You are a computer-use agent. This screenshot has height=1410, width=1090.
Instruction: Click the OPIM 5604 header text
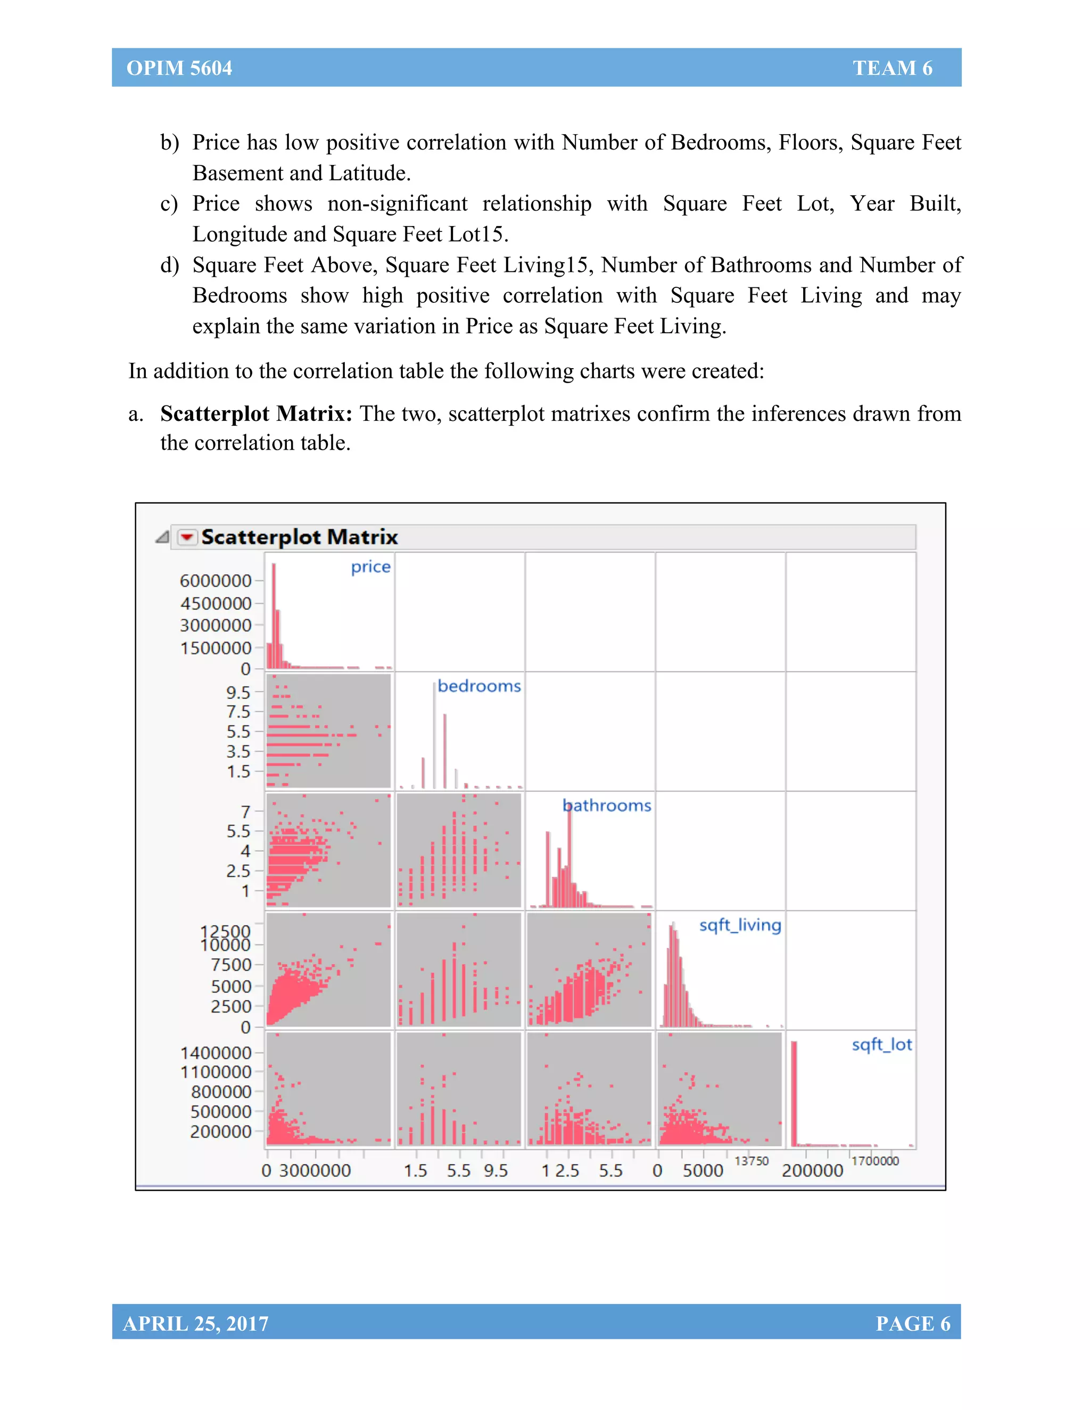(179, 68)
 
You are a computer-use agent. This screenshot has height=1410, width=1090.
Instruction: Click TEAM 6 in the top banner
(892, 68)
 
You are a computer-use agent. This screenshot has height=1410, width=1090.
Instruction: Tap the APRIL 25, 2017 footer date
(196, 1323)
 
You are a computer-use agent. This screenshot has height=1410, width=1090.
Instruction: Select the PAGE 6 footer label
(912, 1323)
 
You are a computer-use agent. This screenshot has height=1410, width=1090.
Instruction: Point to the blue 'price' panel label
(370, 567)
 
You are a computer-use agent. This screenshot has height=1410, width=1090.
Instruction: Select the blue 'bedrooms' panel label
(478, 686)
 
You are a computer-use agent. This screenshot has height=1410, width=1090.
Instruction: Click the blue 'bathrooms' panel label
(607, 806)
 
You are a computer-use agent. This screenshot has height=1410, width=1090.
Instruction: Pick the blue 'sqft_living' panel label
(740, 925)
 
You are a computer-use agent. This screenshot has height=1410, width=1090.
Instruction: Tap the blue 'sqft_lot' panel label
(881, 1044)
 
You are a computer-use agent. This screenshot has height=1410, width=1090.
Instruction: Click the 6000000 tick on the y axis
(216, 581)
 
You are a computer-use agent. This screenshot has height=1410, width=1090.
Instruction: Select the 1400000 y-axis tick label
(216, 1053)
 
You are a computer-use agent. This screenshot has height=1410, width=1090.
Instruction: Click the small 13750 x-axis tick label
(752, 1161)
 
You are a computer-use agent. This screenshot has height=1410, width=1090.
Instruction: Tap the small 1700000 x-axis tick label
(875, 1161)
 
